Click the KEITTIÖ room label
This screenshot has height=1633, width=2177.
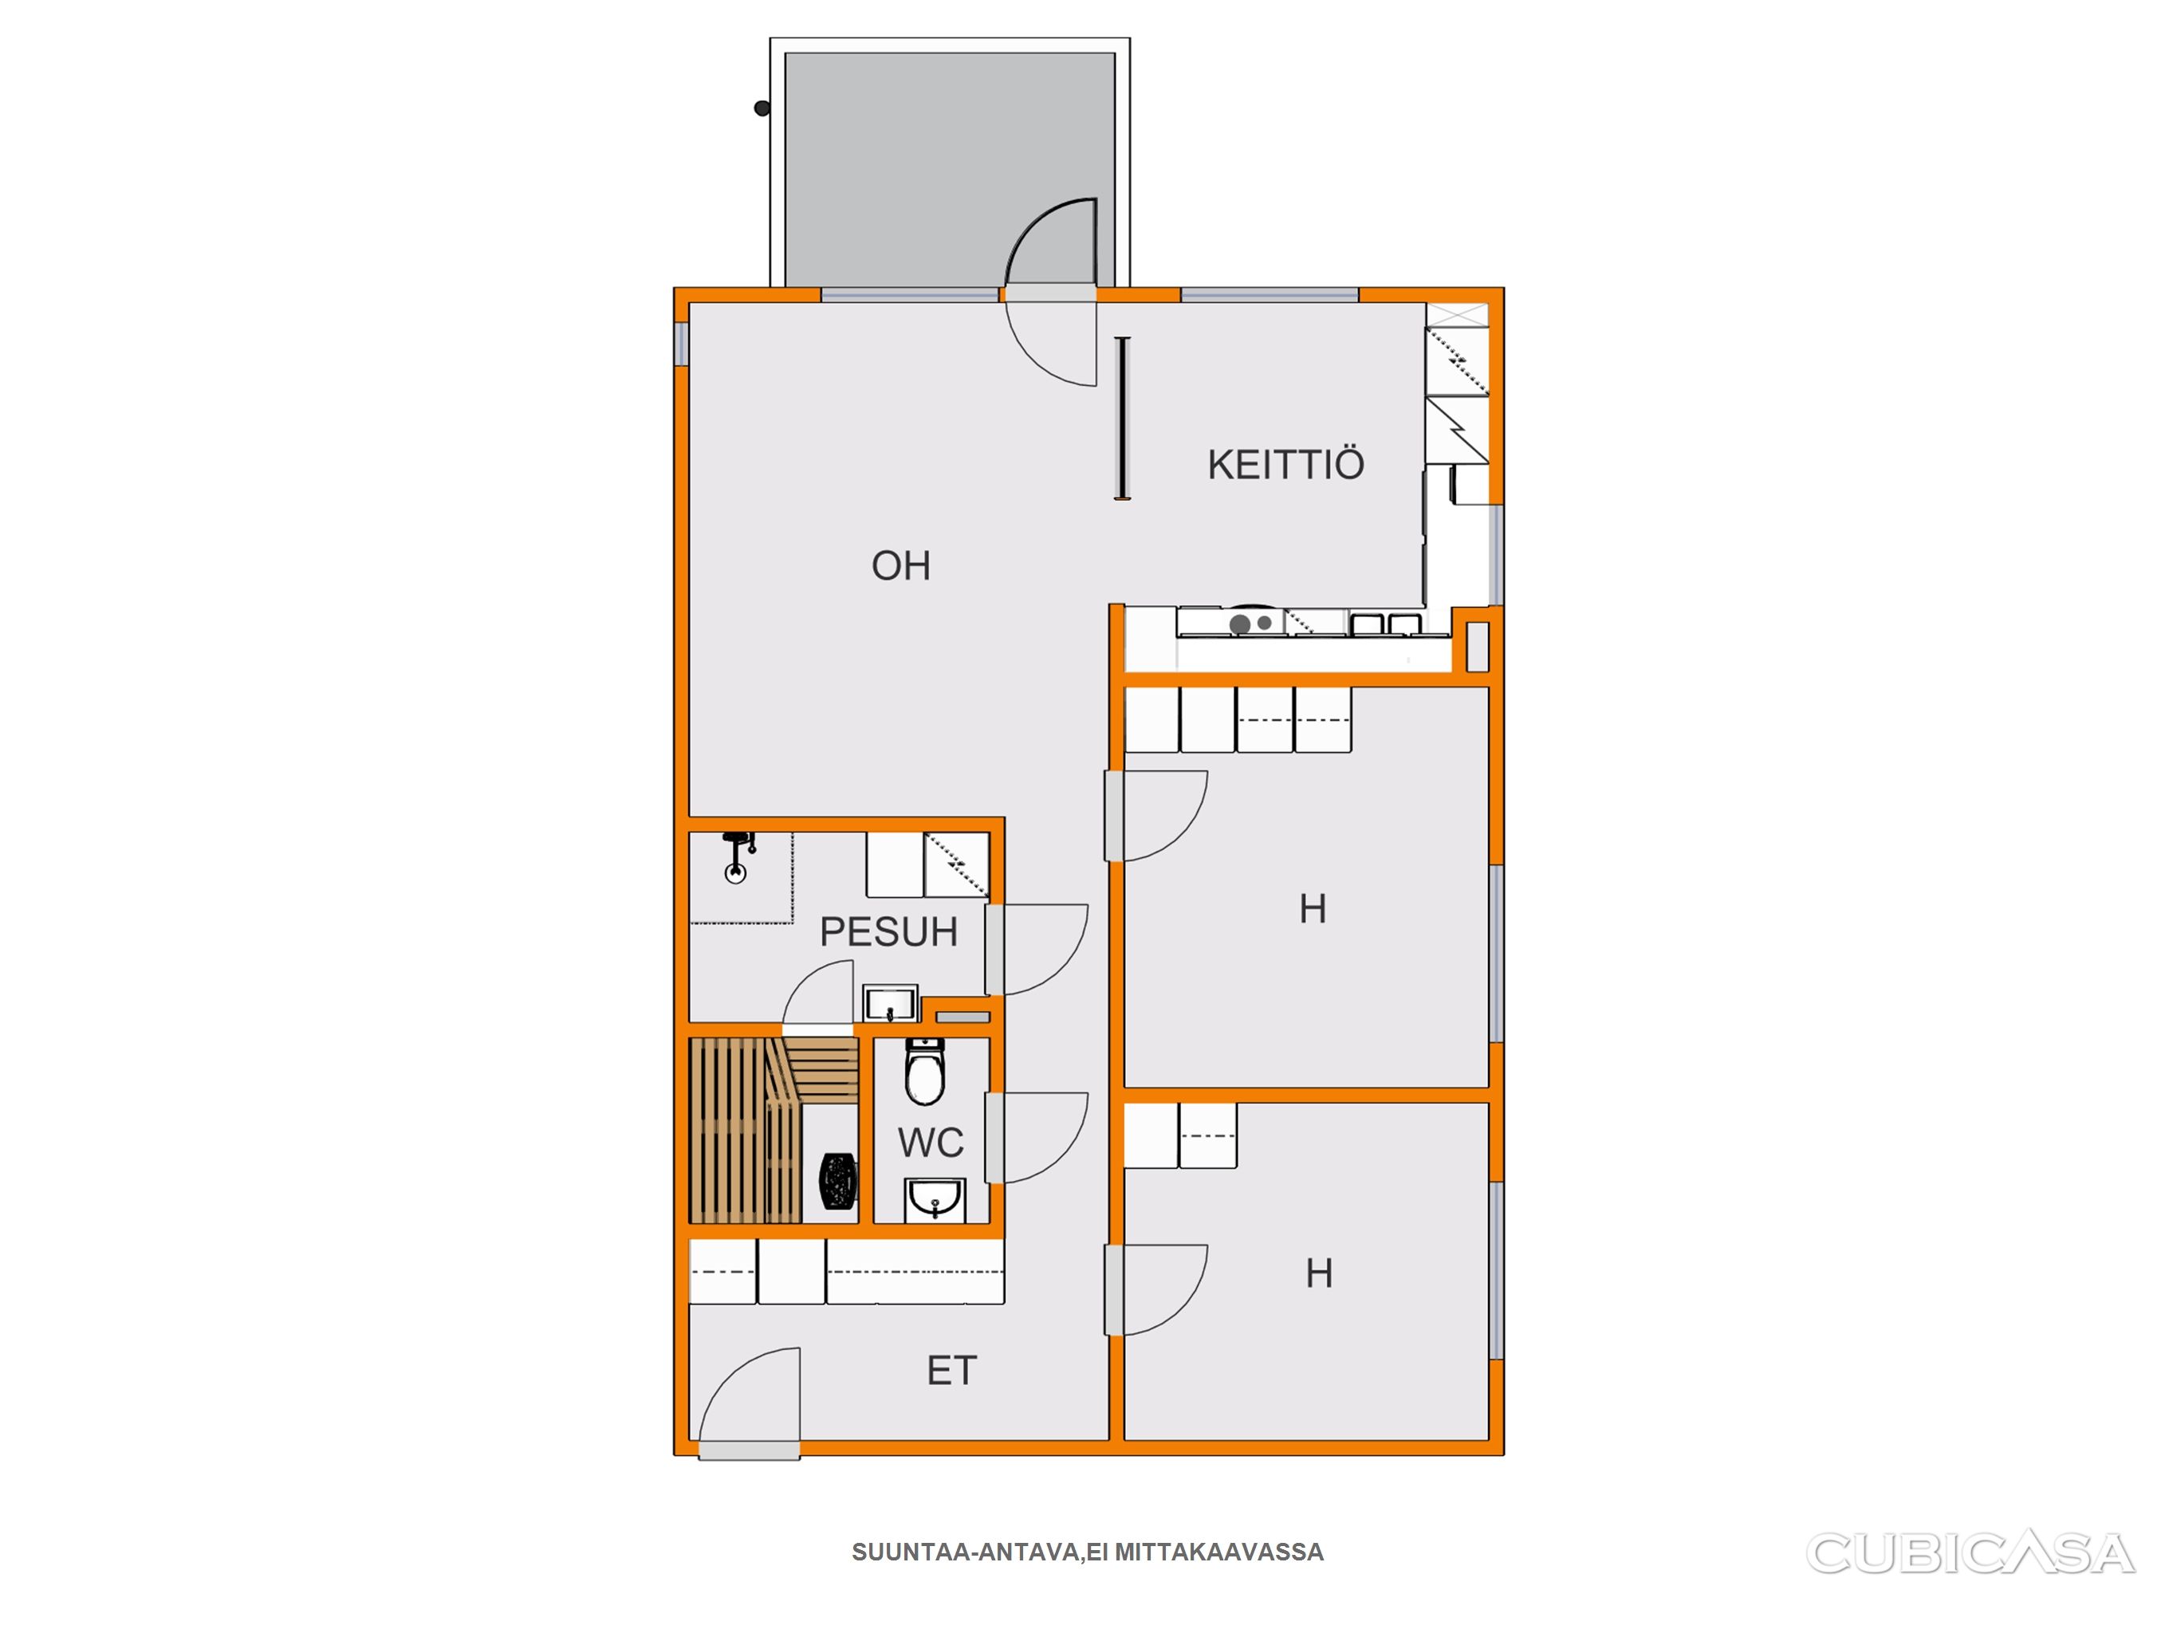tap(1285, 465)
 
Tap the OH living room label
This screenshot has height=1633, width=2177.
tap(900, 566)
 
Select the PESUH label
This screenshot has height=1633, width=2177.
tap(888, 932)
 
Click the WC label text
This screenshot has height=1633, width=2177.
tap(931, 1143)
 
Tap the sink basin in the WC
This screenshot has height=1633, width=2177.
tap(934, 1200)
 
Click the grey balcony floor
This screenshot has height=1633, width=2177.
tap(950, 167)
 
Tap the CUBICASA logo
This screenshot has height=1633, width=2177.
tap(1970, 1553)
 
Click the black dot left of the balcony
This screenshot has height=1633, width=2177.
tap(762, 108)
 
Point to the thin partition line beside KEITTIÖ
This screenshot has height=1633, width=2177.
tap(1122, 419)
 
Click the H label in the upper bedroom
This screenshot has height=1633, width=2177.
tap(1313, 908)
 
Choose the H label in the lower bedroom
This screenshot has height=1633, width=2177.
tap(1319, 1273)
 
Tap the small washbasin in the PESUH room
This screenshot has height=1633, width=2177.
tap(891, 1004)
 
